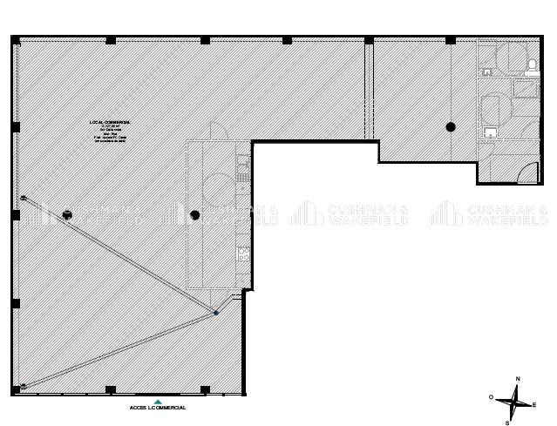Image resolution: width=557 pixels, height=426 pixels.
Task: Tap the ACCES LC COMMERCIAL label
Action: click(x=158, y=407)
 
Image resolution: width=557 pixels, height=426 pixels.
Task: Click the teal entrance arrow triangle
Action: click(x=158, y=399)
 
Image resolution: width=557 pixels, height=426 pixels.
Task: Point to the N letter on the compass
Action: click(x=518, y=379)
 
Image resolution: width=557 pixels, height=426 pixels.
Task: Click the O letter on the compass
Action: click(x=492, y=397)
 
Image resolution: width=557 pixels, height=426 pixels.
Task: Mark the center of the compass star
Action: click(x=517, y=402)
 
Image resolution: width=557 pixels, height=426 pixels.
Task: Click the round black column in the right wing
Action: click(x=451, y=127)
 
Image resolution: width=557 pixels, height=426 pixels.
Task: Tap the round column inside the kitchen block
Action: click(x=195, y=213)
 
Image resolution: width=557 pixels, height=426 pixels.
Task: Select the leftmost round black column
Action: click(x=67, y=213)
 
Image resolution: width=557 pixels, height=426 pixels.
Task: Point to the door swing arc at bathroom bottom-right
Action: click(x=529, y=171)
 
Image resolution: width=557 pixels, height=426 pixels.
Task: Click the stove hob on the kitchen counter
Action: click(x=244, y=256)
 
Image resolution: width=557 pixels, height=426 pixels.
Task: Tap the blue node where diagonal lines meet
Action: click(x=215, y=313)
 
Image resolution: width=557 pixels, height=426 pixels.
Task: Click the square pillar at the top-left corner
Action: click(x=16, y=40)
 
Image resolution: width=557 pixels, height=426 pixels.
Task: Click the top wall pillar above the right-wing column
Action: click(x=451, y=40)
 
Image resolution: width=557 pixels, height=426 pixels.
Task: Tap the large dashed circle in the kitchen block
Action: click(x=214, y=187)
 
